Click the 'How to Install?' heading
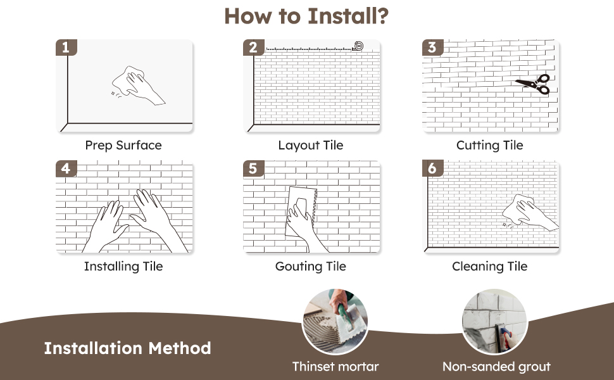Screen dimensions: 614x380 [306, 16]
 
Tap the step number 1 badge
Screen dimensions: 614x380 [65, 47]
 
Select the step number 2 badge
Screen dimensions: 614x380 [253, 47]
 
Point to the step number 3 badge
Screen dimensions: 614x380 [432, 47]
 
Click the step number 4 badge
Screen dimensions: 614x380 [65, 169]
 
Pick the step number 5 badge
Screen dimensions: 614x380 [253, 169]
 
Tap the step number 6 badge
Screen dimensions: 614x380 [432, 169]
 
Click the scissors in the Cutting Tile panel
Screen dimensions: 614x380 [533, 84]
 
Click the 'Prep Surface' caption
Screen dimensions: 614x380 [123, 146]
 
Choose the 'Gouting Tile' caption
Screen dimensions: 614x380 [310, 267]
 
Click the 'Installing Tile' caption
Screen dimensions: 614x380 [123, 267]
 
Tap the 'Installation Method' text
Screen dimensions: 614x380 [127, 348]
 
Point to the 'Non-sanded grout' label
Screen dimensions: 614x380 [496, 367]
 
